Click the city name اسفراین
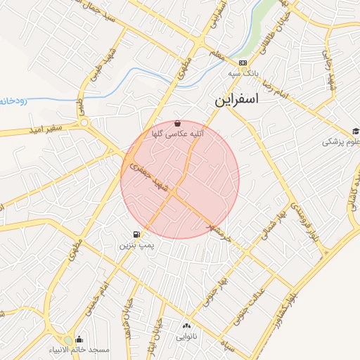(237, 101)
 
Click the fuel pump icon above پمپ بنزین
(135, 234)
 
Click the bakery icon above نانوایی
(186, 325)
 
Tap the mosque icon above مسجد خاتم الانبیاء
(79, 339)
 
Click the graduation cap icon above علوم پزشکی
(356, 131)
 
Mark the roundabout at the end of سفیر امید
(86, 124)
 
